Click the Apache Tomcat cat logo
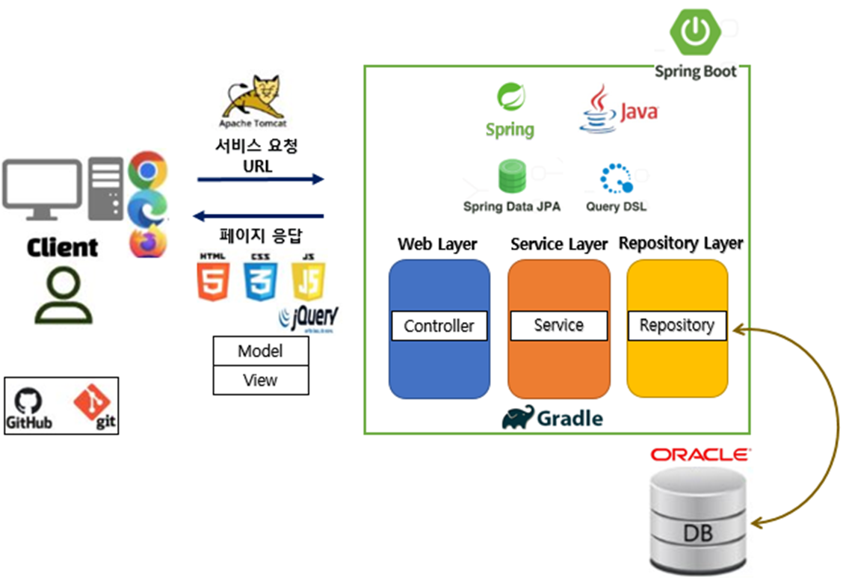(x=252, y=97)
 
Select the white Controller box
(x=439, y=326)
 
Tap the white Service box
(x=558, y=325)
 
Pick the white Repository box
(x=676, y=326)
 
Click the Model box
(x=260, y=351)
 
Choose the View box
(x=260, y=380)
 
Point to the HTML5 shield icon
(x=213, y=281)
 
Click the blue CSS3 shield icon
(x=261, y=281)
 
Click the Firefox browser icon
(x=147, y=242)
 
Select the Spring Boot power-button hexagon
(x=696, y=31)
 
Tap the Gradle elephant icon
(x=519, y=419)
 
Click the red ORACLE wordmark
(x=700, y=454)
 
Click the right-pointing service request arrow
(x=261, y=179)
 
